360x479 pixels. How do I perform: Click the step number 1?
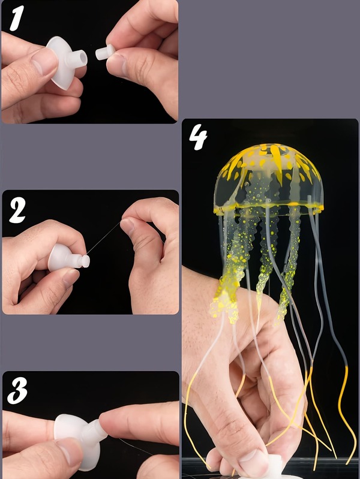point(16,19)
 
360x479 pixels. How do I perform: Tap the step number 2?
point(17,210)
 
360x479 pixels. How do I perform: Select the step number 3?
point(17,391)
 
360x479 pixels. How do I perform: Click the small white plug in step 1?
point(105,52)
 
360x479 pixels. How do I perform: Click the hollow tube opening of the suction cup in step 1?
point(83,58)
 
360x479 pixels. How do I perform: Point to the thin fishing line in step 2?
point(104,238)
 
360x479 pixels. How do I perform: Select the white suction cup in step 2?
point(68,258)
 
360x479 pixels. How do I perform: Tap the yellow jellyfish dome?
point(269,177)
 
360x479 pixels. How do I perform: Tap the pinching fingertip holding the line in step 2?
point(127,225)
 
